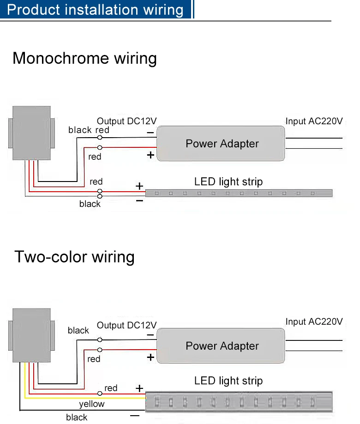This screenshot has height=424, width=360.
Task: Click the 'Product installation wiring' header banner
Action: (96, 10)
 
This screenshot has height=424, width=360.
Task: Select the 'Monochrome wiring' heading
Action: (84, 59)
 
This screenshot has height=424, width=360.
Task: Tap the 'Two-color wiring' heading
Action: (74, 256)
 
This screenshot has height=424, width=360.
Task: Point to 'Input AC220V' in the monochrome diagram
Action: (314, 121)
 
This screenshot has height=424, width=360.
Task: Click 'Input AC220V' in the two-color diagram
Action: (314, 321)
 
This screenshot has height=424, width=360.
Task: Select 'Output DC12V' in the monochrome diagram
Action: (126, 121)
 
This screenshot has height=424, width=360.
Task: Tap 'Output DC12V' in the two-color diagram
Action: (126, 326)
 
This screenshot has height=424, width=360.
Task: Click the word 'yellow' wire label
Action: (91, 404)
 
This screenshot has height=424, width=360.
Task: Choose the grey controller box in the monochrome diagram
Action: (31, 133)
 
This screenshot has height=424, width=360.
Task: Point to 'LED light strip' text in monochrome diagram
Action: (228, 182)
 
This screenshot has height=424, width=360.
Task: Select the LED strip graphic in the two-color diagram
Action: (239, 401)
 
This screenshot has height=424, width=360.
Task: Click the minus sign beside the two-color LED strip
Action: (135, 416)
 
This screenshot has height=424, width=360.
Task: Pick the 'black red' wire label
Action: (89, 130)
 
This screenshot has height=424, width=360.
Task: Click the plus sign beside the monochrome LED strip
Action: (139, 186)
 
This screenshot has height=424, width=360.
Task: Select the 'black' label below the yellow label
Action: (77, 418)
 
